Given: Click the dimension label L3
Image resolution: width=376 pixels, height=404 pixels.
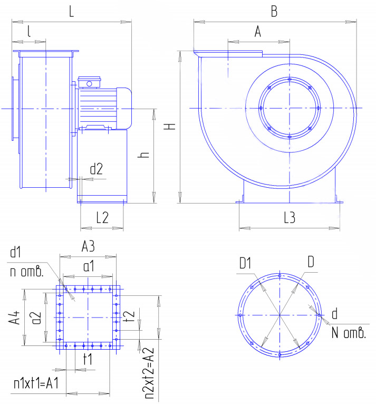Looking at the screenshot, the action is click(x=290, y=218).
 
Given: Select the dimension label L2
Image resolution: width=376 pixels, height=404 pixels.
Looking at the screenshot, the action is click(x=102, y=218).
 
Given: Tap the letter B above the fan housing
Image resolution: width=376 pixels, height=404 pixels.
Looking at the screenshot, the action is click(x=274, y=11).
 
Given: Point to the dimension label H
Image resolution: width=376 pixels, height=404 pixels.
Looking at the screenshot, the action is click(x=170, y=126).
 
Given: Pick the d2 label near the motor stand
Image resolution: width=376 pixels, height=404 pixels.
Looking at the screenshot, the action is click(x=97, y=169).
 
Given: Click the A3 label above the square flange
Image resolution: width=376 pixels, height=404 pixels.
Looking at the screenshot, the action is click(x=88, y=246).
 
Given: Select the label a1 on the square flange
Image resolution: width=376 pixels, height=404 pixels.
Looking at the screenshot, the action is click(x=89, y=266).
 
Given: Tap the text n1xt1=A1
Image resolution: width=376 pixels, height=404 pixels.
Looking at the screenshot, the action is click(x=36, y=383).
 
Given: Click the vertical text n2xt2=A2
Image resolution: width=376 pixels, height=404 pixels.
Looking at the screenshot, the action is click(x=148, y=372).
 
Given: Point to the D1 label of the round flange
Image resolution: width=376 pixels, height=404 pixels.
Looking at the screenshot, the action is click(x=245, y=263).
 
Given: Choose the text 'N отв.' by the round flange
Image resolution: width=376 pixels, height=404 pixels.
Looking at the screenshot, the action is click(x=349, y=333).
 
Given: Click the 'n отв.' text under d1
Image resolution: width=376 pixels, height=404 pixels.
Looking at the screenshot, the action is click(x=26, y=271).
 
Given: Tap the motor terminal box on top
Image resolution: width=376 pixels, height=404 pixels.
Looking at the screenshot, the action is click(x=89, y=82).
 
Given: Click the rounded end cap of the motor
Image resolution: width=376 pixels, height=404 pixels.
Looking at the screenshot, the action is click(x=124, y=108).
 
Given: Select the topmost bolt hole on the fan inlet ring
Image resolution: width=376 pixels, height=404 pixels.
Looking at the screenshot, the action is click(x=290, y=79).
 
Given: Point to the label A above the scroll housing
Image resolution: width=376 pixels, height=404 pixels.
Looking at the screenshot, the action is click(x=258, y=32).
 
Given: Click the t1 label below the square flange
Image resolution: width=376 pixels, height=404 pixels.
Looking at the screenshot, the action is click(x=88, y=359).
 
